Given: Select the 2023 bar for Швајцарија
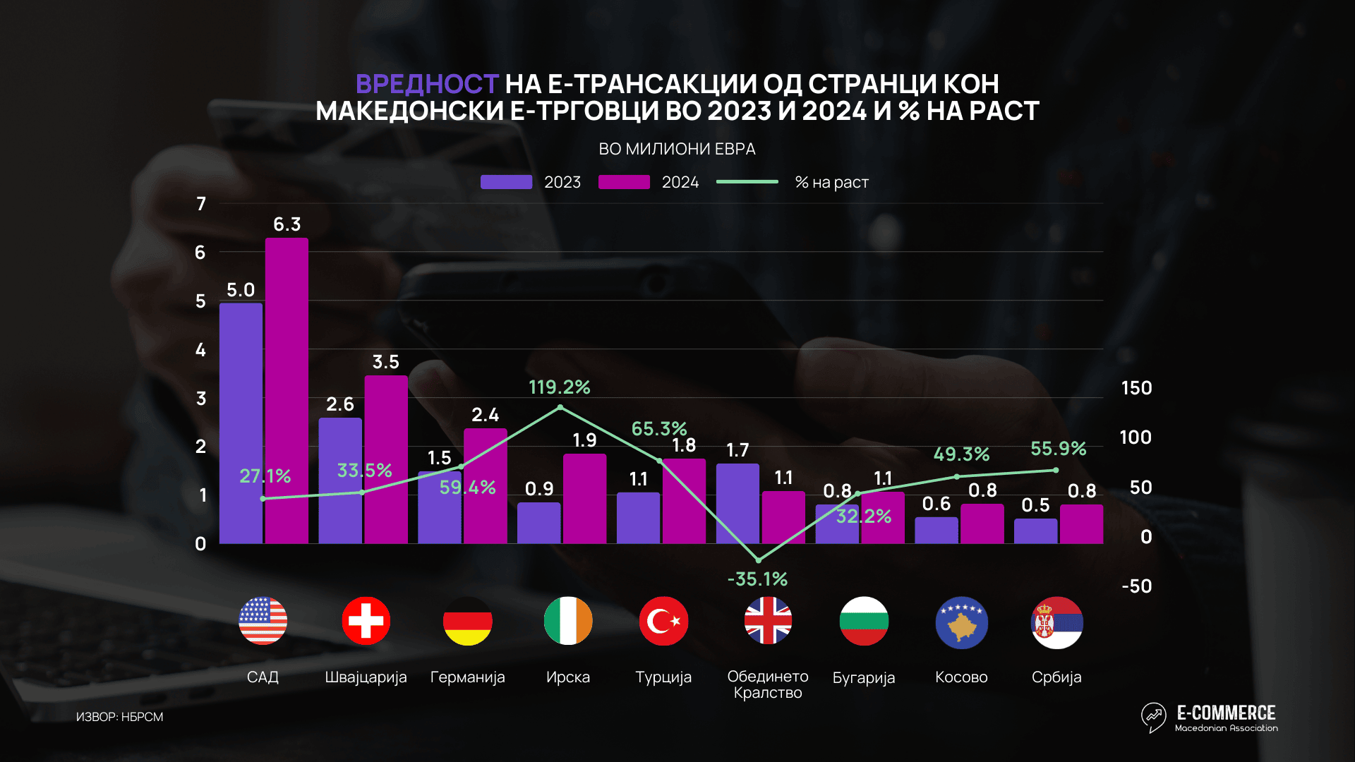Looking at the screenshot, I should pyautogui.click(x=340, y=480).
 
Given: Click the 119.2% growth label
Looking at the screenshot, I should pyautogui.click(x=559, y=387).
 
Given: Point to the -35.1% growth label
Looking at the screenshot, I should pyautogui.click(x=757, y=579).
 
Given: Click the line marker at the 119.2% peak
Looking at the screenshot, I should pyautogui.click(x=560, y=407).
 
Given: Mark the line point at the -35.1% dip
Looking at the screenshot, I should pyautogui.click(x=759, y=560).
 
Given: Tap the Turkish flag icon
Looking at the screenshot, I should pyautogui.click(x=663, y=622).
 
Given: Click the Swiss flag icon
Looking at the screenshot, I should pyautogui.click(x=366, y=622).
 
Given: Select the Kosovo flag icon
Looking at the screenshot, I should pyautogui.click(x=961, y=623).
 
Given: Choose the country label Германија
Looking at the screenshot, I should pyautogui.click(x=467, y=677).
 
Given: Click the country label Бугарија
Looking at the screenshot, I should pyautogui.click(x=863, y=678).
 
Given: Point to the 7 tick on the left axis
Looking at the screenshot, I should pyautogui.click(x=201, y=204).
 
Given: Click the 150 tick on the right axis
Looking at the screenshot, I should pyautogui.click(x=1136, y=388).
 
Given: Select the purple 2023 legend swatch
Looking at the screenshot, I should pyautogui.click(x=506, y=182).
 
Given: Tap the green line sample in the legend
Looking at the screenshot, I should pyautogui.click(x=747, y=182).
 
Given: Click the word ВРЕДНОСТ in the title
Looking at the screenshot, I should pyautogui.click(x=427, y=84).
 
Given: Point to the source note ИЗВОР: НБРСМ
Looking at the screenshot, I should pyautogui.click(x=119, y=717).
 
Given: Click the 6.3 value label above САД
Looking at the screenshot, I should pyautogui.click(x=287, y=224).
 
